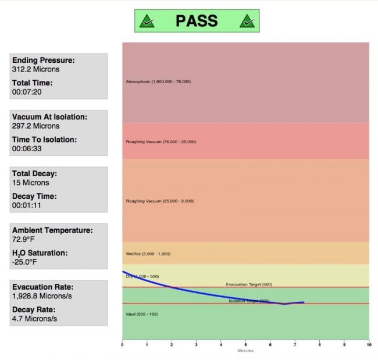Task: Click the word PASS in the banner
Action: tap(197, 21)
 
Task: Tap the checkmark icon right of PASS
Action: tap(247, 22)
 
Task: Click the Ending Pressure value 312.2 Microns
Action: tap(35, 69)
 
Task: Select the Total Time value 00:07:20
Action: tap(28, 92)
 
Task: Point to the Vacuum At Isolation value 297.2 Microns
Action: tap(35, 126)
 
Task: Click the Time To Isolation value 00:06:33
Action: tap(28, 148)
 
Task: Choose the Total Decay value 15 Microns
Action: tap(31, 183)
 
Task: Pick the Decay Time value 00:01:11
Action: tap(28, 205)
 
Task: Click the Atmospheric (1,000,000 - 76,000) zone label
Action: tap(158, 81)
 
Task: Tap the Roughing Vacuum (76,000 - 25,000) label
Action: tap(161, 141)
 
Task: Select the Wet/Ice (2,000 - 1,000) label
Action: tap(148, 254)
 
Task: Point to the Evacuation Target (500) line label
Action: tap(249, 284)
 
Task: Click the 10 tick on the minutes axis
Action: tap(368, 345)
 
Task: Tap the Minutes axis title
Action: tap(245, 350)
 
